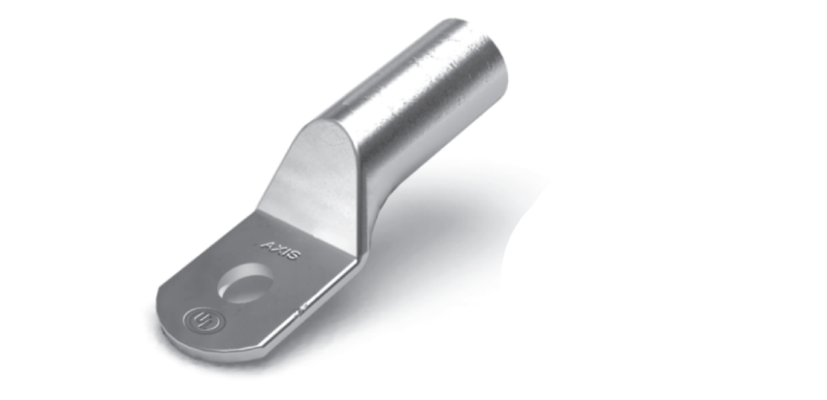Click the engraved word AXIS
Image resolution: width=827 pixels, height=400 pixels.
(x=281, y=250)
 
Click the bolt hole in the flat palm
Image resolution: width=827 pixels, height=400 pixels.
(x=245, y=283)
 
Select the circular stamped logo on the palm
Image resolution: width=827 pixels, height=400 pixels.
(x=204, y=320)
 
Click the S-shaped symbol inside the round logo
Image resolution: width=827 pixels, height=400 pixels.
(x=204, y=320)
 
